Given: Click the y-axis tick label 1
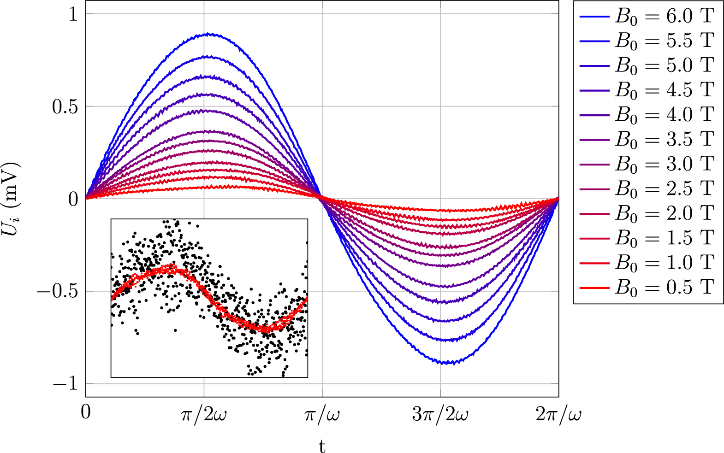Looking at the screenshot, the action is [x=73, y=14].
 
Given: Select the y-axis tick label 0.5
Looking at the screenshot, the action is [x=65, y=106].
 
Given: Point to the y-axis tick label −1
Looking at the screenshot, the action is [x=65, y=383].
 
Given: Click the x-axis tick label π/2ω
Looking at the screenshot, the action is [x=203, y=414].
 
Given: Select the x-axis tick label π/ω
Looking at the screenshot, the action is [x=322, y=414].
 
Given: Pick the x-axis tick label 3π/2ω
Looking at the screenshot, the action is [x=440, y=414].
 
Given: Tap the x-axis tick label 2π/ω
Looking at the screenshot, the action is [x=558, y=414].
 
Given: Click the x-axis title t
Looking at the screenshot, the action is [x=322, y=446].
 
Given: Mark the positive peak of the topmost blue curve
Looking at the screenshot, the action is [x=209, y=34].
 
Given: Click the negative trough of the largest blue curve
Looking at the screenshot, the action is [x=445, y=363].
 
